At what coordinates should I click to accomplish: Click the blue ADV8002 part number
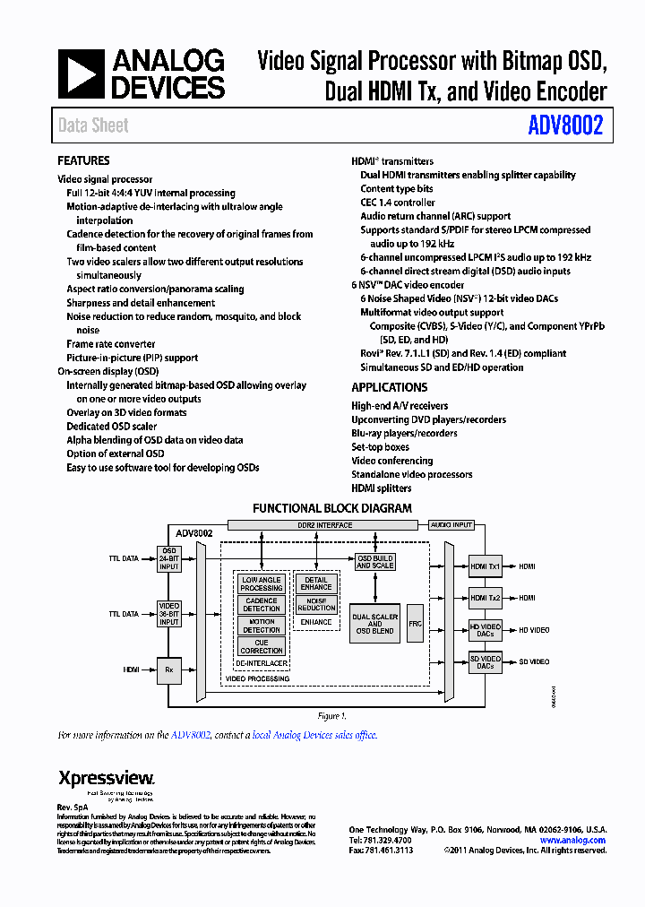tap(565, 125)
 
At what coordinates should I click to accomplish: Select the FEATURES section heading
tap(83, 161)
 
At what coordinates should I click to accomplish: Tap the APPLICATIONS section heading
tap(389, 388)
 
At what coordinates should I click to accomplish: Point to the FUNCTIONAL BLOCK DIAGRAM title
tap(331, 508)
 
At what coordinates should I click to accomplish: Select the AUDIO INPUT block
tap(451, 525)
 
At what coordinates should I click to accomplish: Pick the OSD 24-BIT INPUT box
tap(169, 558)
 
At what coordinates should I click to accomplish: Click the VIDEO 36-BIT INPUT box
tap(169, 614)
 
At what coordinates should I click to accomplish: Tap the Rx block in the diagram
tap(169, 669)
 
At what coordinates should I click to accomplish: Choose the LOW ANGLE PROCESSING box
tap(262, 583)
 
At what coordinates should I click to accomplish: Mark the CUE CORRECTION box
tap(262, 646)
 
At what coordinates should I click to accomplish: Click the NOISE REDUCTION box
tap(316, 604)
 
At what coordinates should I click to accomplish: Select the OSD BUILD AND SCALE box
tap(374, 562)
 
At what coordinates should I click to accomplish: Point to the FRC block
tap(415, 623)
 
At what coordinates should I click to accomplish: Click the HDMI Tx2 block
tap(486, 598)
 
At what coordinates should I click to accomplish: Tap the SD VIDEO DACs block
tap(486, 662)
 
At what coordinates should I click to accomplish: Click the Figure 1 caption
tap(331, 716)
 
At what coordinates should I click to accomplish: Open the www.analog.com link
tap(572, 840)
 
